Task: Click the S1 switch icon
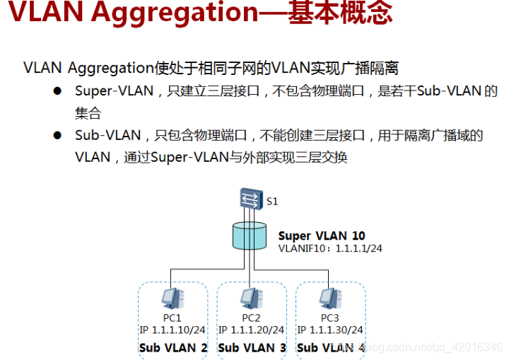250,198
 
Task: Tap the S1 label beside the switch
272,202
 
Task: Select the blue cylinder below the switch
250,236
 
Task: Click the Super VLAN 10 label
322,236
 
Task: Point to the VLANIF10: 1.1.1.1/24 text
330,248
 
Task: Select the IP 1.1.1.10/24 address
172,330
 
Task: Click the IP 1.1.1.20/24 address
251,330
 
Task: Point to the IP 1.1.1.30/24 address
329,330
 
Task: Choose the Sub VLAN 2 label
172,347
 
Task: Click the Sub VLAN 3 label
251,347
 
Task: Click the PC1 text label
172,318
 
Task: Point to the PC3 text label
329,318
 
